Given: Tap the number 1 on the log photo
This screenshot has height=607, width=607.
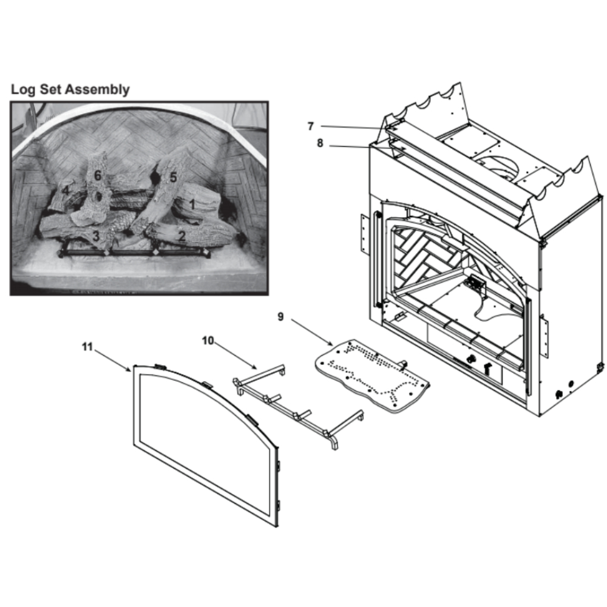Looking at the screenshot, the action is (192, 204).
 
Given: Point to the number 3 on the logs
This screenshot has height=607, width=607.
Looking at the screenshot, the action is (96, 236).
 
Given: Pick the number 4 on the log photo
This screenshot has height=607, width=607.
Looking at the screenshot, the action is (66, 191).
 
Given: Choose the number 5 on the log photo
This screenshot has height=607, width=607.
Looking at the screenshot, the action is (173, 177).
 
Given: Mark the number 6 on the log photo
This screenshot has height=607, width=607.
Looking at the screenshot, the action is (98, 176).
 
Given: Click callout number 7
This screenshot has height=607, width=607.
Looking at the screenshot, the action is (310, 126).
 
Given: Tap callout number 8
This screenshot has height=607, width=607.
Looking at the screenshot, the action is (320, 143).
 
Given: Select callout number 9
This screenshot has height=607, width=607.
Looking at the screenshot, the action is (280, 317).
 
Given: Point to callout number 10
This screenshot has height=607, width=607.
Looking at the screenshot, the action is (208, 341).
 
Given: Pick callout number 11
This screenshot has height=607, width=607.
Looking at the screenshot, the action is (87, 347).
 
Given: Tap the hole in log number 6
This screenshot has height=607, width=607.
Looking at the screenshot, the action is (99, 196).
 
